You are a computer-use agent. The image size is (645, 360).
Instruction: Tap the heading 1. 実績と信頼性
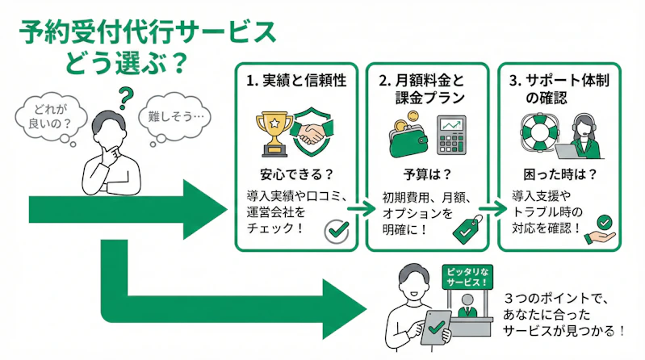tap(296, 82)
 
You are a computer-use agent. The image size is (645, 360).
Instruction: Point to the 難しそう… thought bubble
tap(174, 117)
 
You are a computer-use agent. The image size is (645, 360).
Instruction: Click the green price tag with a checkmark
tap(466, 229)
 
